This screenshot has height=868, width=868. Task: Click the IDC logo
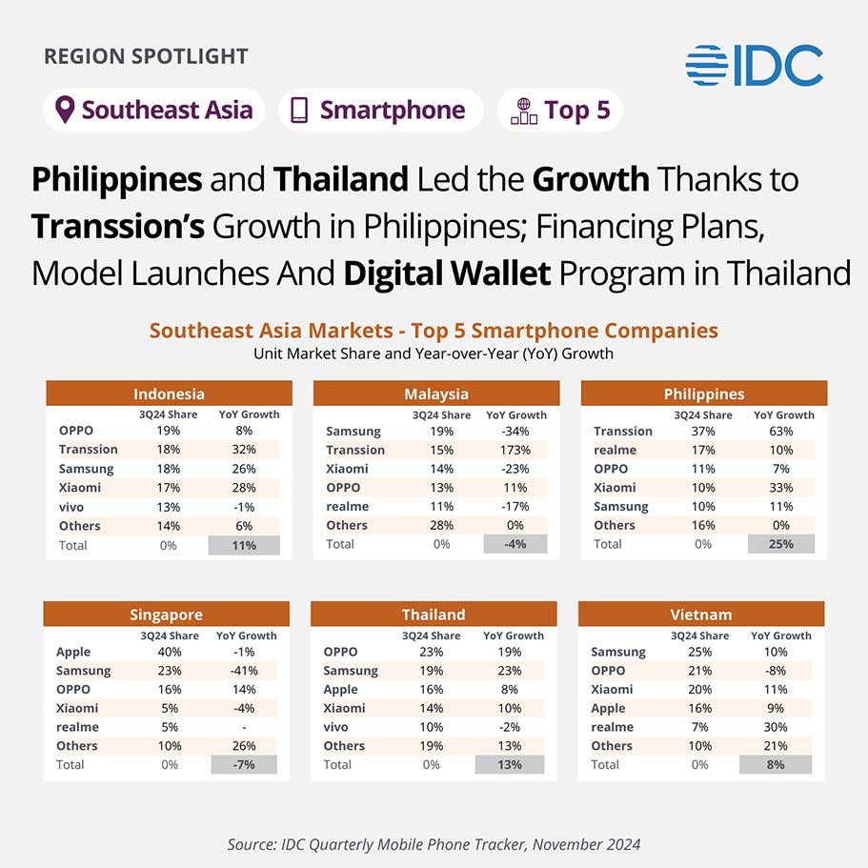754,66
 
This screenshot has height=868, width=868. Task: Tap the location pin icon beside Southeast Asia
65,110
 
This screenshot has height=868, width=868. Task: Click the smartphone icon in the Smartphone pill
299,111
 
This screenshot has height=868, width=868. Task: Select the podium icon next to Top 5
524,111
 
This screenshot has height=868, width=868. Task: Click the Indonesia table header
169,394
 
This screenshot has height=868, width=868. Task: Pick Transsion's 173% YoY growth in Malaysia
515,450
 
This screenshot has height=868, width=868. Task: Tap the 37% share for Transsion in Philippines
703,432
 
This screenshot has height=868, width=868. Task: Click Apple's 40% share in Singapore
170,652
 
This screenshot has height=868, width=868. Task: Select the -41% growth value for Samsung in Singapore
244,671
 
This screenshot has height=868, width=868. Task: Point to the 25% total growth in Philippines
781,544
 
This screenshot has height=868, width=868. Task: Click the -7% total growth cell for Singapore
244,764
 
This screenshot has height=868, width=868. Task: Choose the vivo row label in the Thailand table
336,727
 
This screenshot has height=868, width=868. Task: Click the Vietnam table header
701,615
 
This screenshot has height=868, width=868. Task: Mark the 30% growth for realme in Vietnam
776,727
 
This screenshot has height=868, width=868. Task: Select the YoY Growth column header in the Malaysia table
516,415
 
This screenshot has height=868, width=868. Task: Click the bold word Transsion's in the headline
118,227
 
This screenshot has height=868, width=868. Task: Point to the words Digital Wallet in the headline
447,273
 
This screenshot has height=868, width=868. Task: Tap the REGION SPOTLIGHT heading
146,56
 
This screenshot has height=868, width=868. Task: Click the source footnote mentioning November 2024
434,844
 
